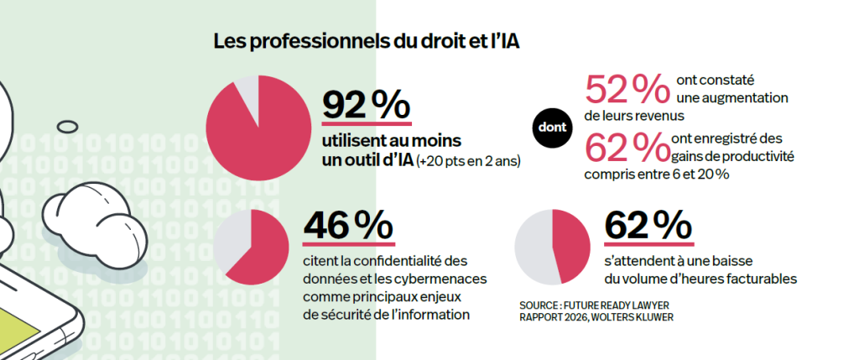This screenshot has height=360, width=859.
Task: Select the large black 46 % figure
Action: [x=348, y=227]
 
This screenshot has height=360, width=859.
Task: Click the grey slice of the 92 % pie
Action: [x=248, y=91]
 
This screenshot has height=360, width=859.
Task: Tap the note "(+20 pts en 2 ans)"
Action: [x=468, y=163]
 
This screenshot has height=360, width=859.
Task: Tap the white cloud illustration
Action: [x=95, y=220]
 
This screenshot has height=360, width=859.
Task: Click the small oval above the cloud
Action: [x=68, y=127]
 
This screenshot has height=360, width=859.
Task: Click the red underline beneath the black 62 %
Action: [x=649, y=244]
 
